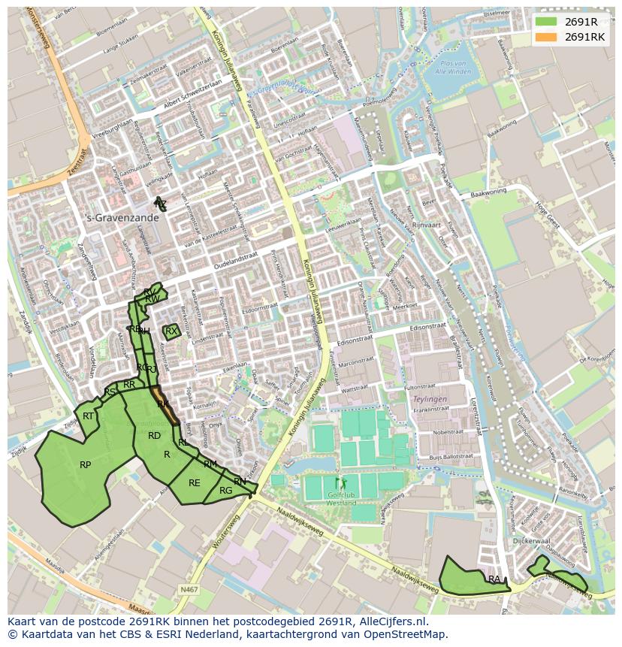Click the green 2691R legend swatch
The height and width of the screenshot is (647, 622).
coord(546,21)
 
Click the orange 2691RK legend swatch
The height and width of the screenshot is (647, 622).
coord(546,37)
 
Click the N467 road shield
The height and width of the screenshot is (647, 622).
coord(189,590)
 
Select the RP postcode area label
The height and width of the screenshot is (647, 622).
coord(86,465)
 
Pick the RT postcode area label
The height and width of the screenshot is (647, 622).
coord(89,416)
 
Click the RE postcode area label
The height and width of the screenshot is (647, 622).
coord(195,483)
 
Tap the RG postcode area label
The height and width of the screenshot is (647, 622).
coord(225,491)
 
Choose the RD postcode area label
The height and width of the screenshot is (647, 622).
coord(154,436)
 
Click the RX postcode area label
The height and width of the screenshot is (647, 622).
coord(171,331)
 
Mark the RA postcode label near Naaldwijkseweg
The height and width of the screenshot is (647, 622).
coord(494,579)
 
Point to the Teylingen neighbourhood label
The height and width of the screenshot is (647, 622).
coord(430,399)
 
